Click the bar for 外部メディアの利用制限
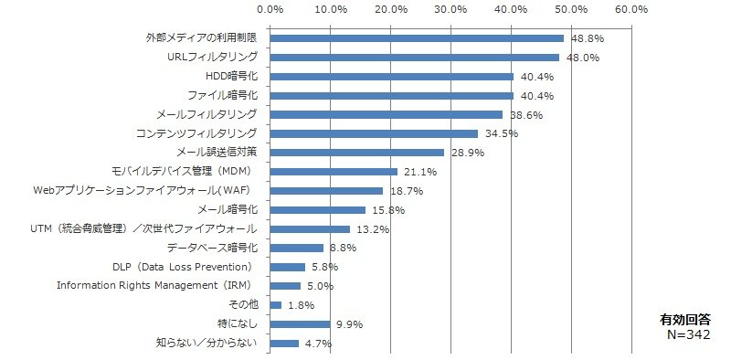[417, 38]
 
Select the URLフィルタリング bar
[415, 58]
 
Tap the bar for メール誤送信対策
[357, 153]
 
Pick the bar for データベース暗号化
[296, 249]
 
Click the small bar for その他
[276, 305]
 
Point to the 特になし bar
[301, 324]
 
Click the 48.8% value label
[588, 38]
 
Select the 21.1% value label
[420, 172]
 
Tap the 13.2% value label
[373, 229]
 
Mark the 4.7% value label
[318, 344]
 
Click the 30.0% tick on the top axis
[450, 9]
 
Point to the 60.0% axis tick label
[631, 9]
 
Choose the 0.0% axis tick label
[270, 9]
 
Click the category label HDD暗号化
[231, 77]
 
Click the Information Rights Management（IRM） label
[157, 285]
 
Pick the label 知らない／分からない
[207, 344]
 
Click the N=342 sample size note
[689, 334]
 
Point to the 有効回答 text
[685, 321]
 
